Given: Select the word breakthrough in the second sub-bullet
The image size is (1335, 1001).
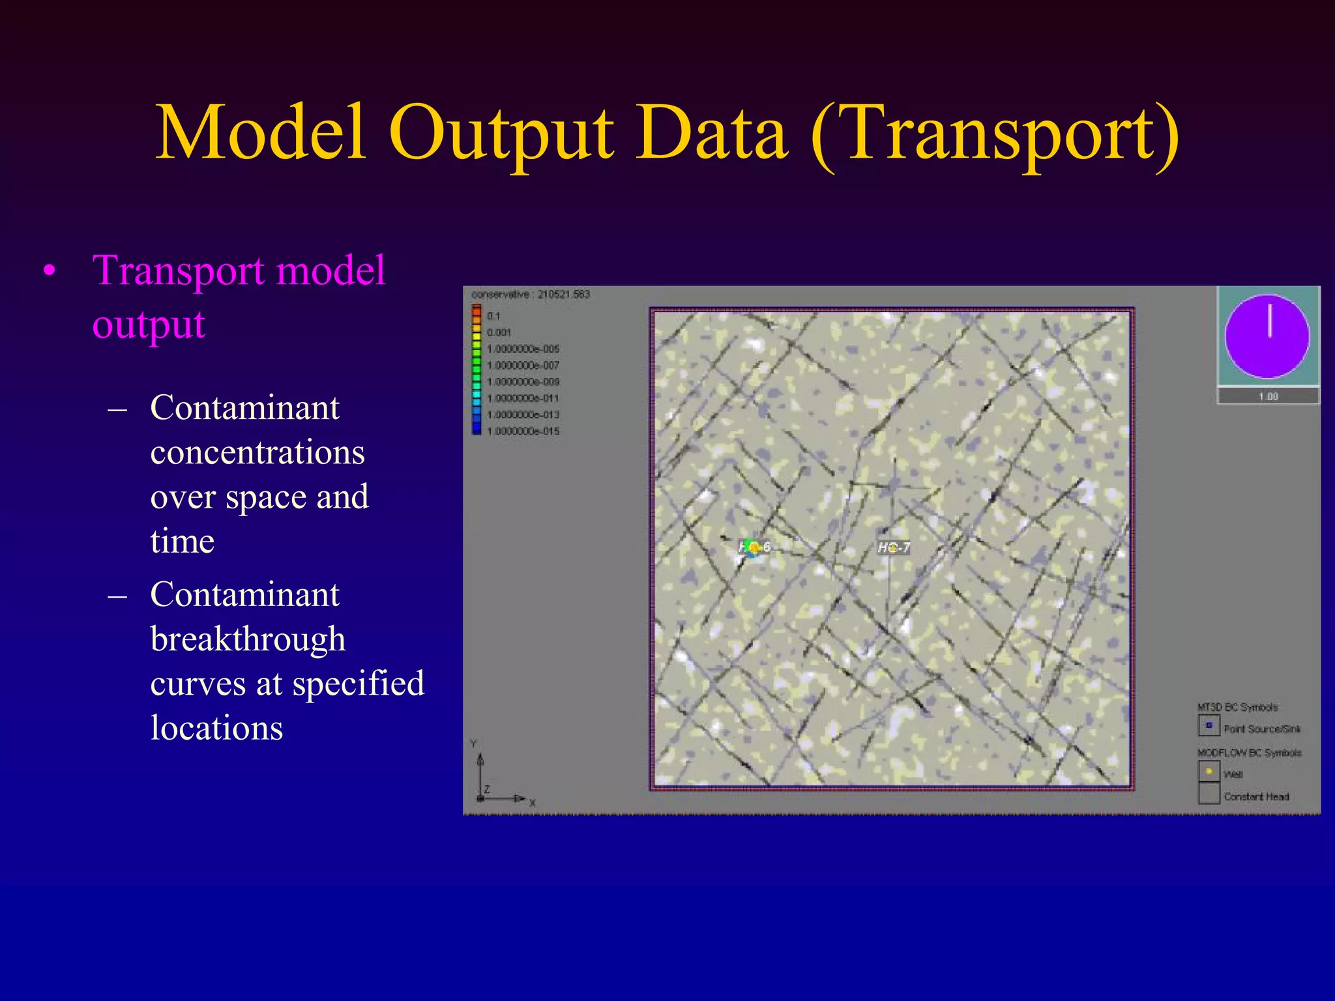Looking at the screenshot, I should pos(248,639).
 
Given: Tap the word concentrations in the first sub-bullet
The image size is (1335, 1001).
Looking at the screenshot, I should pos(257,452).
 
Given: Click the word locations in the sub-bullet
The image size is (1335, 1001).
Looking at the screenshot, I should pos(216,728).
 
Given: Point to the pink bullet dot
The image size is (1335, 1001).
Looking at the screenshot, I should pos(49,272).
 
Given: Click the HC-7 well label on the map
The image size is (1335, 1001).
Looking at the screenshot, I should pos(894,548).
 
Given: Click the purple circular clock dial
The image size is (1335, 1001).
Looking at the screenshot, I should pos(1267,336).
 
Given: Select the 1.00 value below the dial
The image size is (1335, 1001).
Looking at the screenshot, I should pos(1268,396).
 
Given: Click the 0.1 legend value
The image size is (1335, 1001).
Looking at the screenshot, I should pos(493,316).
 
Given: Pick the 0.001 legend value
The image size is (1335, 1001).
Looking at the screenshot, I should pos(499,332).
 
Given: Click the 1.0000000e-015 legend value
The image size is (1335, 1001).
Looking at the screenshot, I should pos(523,431).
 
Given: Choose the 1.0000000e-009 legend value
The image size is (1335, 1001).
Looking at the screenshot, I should pos(523,382).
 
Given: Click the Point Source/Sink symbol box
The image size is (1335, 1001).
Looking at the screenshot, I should pos(1209,725).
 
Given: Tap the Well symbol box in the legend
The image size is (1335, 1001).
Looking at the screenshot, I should pos(1209,772).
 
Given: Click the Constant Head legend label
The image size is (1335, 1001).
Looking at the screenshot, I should pos(1256,796).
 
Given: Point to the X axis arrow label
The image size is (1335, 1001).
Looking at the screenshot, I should pos(533,803).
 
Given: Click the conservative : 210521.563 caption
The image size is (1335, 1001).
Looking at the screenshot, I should pos(531,295).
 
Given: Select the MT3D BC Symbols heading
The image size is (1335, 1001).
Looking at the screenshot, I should pos(1237,707).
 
